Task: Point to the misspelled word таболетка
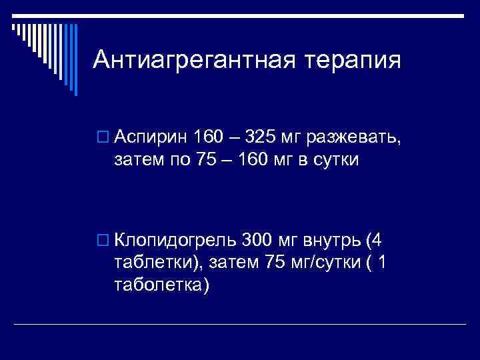pos(161,285)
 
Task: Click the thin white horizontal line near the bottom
pos(240,324)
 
